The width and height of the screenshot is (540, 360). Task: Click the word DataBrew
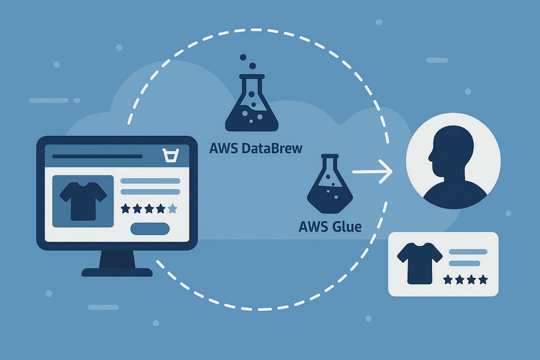point(272,148)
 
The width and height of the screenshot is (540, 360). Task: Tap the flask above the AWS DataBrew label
point(252,103)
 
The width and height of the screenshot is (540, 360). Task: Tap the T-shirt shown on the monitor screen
point(83,201)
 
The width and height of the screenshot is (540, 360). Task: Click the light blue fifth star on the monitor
point(172,208)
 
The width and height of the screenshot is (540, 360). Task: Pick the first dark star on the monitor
point(125,208)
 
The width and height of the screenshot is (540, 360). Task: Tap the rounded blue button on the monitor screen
point(150,229)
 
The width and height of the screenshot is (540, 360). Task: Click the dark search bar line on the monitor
point(97,157)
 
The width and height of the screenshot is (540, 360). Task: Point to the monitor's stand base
point(117,272)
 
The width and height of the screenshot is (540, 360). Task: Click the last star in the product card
point(483,280)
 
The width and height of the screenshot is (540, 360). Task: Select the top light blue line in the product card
point(468,252)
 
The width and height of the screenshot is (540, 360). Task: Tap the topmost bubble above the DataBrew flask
point(243,58)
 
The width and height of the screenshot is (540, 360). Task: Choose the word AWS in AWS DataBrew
point(224,148)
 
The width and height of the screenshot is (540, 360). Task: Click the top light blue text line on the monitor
point(150,181)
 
